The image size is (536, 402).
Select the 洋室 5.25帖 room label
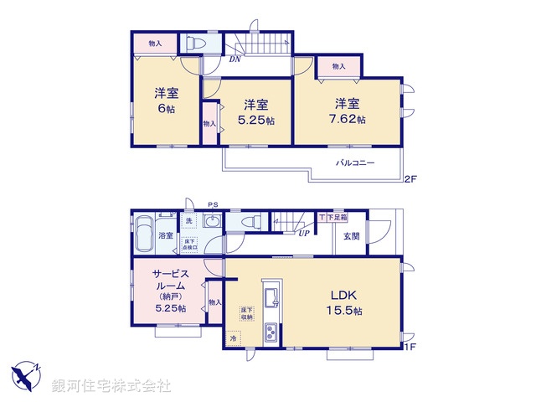pos(256,111)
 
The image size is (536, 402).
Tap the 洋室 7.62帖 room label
pos(348,111)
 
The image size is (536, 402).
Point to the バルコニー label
pos(356,162)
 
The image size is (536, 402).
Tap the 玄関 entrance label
pos(351,234)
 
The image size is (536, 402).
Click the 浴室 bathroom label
pos(166,235)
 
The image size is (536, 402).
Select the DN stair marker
pos(236,59)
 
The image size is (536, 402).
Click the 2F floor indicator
pos(410,178)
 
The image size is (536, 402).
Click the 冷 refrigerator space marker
pos(234,339)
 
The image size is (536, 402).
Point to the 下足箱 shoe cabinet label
pos(332,218)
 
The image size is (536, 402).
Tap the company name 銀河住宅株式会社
pos(111,386)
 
